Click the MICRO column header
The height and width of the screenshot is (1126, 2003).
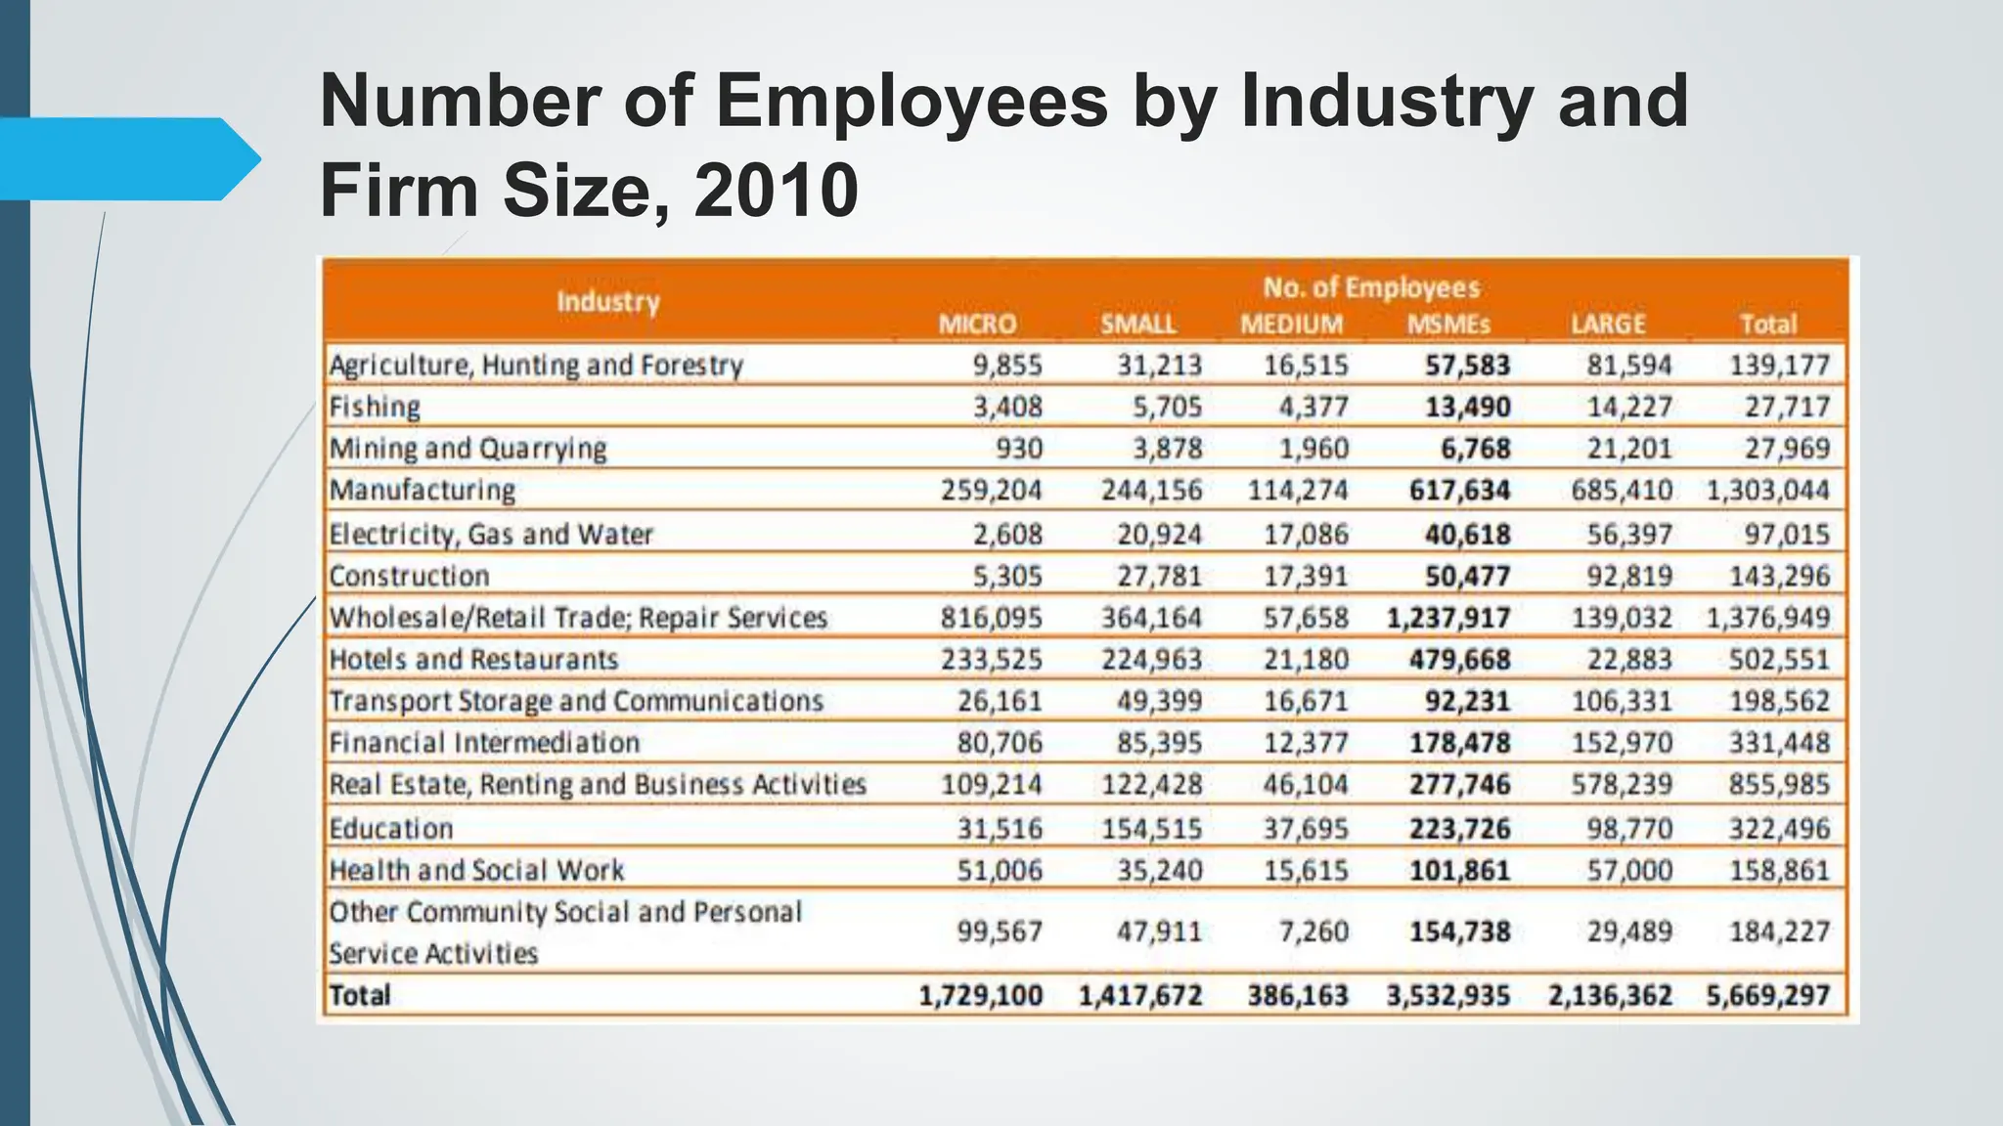point(977,325)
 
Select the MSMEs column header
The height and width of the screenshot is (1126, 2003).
point(1448,325)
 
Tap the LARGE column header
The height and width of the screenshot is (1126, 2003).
point(1609,325)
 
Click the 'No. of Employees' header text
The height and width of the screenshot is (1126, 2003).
point(1371,287)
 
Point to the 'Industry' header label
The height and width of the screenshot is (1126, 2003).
point(608,301)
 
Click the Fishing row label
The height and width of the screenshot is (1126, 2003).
point(375,407)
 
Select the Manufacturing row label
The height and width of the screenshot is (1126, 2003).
point(422,490)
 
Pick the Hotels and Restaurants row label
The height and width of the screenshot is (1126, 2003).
point(473,660)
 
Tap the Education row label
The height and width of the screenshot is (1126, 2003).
point(391,829)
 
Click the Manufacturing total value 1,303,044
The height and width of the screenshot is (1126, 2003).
point(1767,490)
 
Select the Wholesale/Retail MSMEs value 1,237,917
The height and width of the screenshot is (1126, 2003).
point(1448,618)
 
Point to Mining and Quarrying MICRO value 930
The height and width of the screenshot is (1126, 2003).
point(1019,449)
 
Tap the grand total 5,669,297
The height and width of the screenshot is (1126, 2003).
point(1767,996)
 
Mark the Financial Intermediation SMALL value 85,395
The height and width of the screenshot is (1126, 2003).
point(1159,743)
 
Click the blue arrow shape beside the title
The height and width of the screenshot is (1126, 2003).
point(127,158)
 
